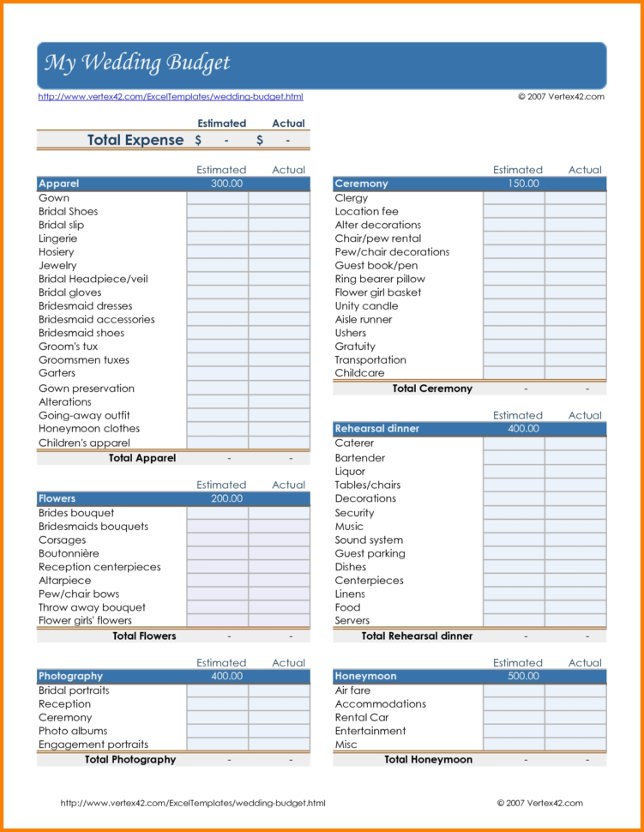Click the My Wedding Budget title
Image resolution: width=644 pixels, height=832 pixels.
(137, 63)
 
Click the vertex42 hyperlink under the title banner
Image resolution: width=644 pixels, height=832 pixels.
(171, 97)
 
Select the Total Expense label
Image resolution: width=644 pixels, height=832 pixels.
(135, 140)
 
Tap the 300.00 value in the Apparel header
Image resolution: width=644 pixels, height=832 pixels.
(226, 184)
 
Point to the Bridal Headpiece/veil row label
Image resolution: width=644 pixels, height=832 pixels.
(93, 279)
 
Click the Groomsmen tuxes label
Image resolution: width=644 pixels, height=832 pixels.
(84, 360)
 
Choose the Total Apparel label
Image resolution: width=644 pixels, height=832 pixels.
(142, 458)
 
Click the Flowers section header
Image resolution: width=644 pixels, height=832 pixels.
(57, 498)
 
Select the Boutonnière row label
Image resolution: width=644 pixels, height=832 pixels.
(69, 553)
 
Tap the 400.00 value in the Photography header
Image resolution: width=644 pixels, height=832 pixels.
(226, 676)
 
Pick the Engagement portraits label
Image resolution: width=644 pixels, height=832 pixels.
(93, 745)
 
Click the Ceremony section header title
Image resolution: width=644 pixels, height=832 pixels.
(361, 184)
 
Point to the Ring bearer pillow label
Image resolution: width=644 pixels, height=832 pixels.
(380, 279)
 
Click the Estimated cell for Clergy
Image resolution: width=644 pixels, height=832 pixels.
(513, 198)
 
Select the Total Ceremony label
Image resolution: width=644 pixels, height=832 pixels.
(432, 389)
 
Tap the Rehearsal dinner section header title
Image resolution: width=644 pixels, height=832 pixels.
(377, 429)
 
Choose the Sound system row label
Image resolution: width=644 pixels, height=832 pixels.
(369, 540)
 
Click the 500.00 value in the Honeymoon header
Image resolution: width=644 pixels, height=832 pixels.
(523, 676)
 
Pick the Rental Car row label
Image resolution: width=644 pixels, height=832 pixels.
(362, 717)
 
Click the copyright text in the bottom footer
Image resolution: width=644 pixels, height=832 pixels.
(539, 803)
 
